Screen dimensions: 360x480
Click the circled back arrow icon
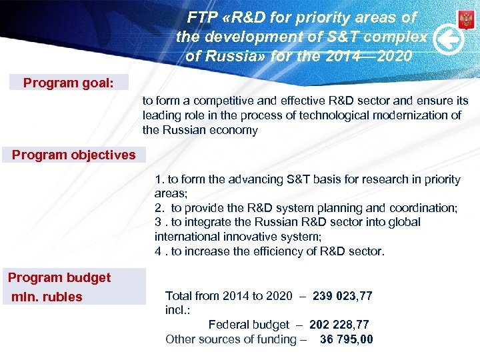pos(449,41)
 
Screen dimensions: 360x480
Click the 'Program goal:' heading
pos(68,83)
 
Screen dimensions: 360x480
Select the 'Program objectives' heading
pos(73,155)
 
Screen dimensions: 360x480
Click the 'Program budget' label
pos(59,277)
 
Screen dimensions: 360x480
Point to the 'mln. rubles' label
pos(47,297)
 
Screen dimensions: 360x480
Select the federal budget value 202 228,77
pos(339,325)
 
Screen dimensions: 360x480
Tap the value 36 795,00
pos(347,339)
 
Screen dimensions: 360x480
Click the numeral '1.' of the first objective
pos(159,179)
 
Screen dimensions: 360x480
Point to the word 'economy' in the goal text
pos(234,130)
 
